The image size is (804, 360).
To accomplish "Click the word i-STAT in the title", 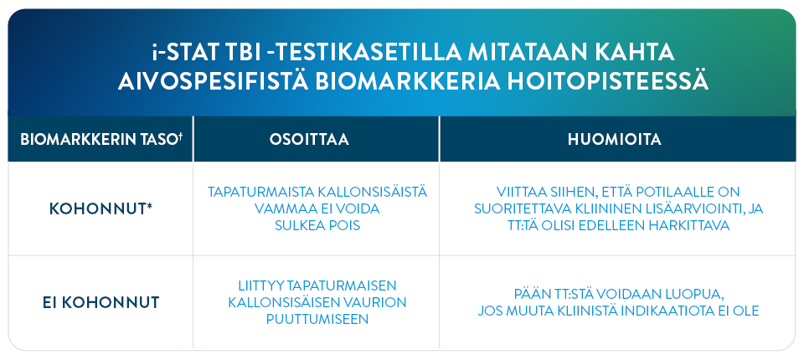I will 183,53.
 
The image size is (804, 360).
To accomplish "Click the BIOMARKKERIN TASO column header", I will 98,140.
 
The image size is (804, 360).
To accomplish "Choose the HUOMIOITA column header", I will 617,140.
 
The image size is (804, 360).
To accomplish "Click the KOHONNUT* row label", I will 100,208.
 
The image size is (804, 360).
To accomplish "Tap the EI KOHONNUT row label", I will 101,302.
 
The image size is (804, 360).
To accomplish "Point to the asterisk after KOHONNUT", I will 149,204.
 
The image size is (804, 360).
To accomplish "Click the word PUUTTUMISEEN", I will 317,318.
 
